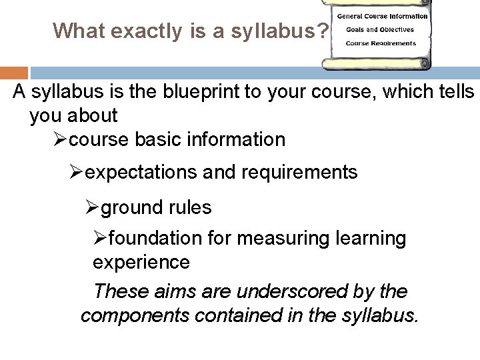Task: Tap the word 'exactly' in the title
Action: pos(150,30)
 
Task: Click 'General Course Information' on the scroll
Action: pos(382,15)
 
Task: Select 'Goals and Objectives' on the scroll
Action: pos(380,29)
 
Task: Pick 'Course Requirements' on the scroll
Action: pos(381,43)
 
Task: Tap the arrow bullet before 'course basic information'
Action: pos(59,140)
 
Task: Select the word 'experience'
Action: pos(141,262)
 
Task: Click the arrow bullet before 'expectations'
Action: pos(77,173)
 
